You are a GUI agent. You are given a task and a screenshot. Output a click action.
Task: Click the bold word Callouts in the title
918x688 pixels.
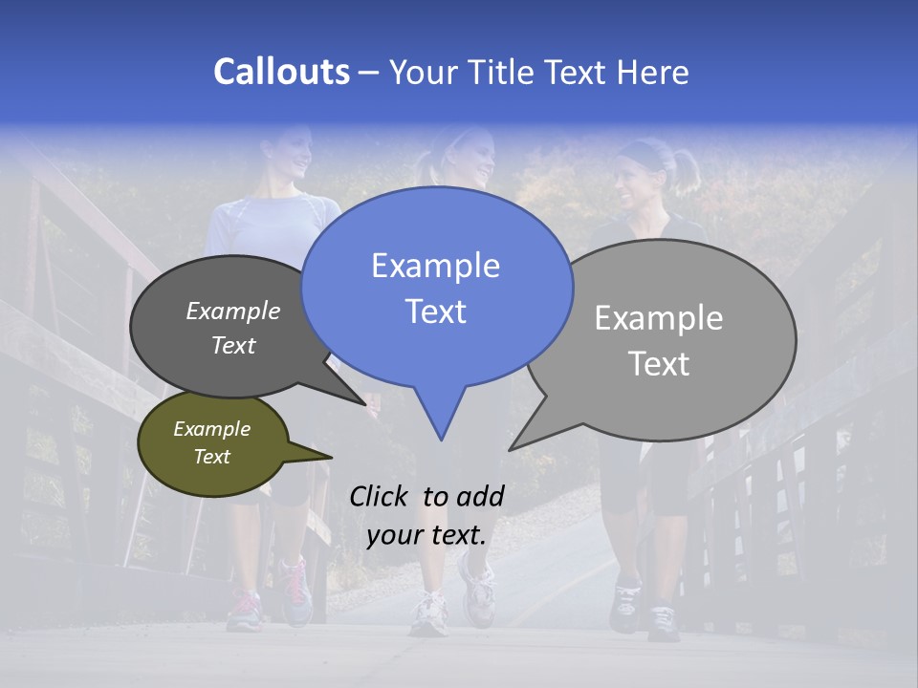[x=281, y=72]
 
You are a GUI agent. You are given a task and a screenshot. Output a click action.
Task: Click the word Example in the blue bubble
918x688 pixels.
[x=435, y=266]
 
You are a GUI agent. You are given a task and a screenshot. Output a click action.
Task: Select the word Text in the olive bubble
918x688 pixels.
[x=212, y=457]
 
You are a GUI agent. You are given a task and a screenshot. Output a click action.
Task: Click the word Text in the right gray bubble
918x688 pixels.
[x=659, y=364]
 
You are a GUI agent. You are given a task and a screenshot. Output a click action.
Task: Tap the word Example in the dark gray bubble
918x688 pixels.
[x=233, y=311]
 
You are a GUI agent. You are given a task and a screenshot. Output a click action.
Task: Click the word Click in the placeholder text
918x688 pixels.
[x=380, y=495]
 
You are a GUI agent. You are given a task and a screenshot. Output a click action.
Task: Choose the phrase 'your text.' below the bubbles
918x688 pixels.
[x=426, y=535]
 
